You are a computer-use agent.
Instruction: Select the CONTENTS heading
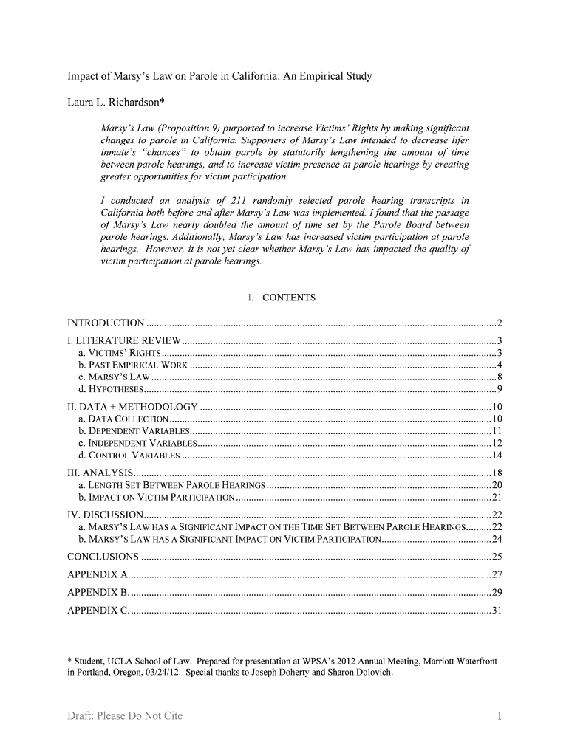[289, 298]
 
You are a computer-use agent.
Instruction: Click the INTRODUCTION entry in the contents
[106, 323]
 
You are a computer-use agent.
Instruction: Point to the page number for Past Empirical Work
[500, 365]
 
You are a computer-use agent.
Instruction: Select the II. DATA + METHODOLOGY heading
[132, 407]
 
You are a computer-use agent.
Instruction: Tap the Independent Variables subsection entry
[137, 443]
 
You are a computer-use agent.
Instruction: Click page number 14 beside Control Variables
[497, 455]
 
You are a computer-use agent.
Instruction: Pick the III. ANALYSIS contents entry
[100, 472]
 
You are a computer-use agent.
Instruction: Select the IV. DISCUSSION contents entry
[105, 515]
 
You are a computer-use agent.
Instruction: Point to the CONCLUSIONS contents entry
[103, 557]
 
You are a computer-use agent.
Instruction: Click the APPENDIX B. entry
[98, 592]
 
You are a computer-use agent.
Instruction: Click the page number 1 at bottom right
[500, 716]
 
